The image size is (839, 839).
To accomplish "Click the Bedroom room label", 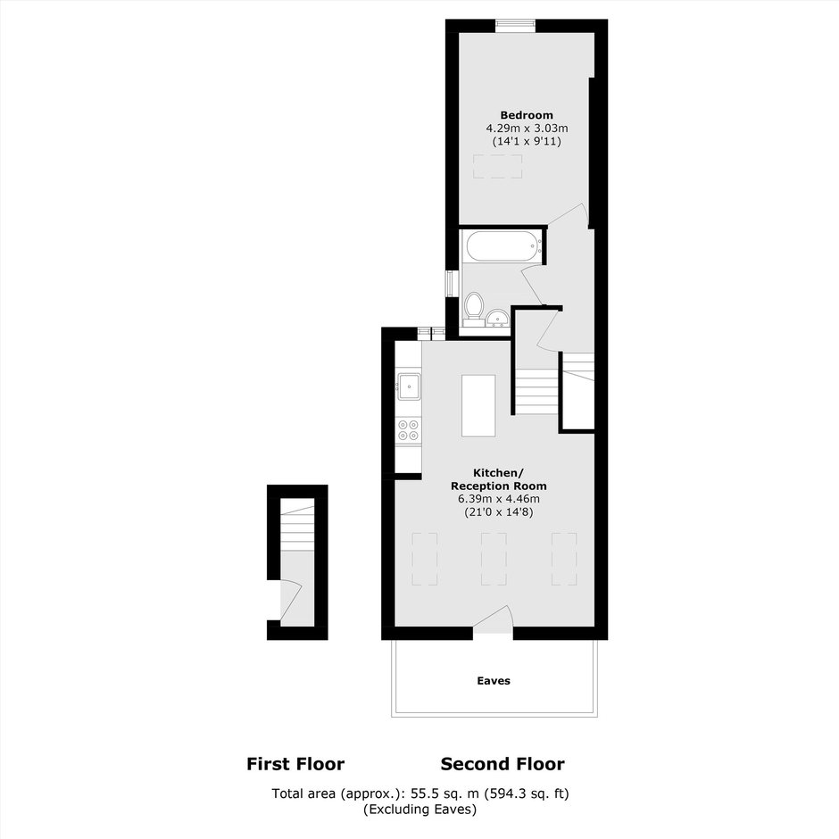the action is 527,115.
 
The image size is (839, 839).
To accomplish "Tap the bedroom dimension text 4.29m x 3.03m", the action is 527,129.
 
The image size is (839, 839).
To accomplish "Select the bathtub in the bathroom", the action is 503,246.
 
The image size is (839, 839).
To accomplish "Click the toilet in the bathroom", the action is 474,309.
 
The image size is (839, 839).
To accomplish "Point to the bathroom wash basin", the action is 498,319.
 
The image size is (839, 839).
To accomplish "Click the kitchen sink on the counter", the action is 408,386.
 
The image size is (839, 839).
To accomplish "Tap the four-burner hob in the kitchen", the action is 408,431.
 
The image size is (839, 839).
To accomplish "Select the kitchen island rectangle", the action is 478,405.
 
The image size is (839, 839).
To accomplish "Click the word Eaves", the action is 494,681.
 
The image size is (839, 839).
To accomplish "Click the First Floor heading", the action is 295,764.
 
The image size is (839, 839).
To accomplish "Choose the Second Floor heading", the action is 503,764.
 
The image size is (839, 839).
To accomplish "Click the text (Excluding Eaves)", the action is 420,809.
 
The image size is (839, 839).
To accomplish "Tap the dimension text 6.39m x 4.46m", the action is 498,499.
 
